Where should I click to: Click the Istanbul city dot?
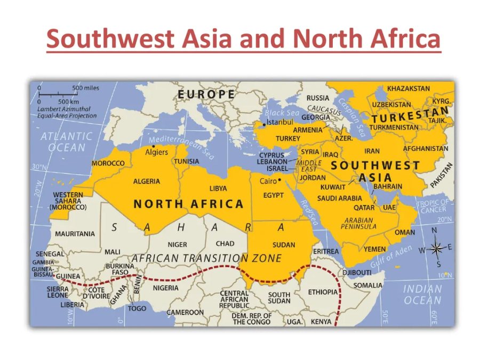(x=265, y=124)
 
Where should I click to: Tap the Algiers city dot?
(x=154, y=146)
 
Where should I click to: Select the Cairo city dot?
(x=279, y=180)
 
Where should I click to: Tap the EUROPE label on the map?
(x=206, y=94)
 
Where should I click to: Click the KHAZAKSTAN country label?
(x=408, y=89)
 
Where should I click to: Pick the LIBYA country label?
(x=218, y=188)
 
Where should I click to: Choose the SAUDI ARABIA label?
(x=340, y=198)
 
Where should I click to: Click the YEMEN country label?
(x=375, y=249)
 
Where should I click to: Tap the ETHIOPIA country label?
(x=323, y=292)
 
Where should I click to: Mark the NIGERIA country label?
(x=165, y=288)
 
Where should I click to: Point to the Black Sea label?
(x=282, y=113)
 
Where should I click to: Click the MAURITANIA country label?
(x=75, y=234)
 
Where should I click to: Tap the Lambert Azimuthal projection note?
(x=67, y=112)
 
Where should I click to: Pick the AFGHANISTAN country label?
(x=425, y=148)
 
